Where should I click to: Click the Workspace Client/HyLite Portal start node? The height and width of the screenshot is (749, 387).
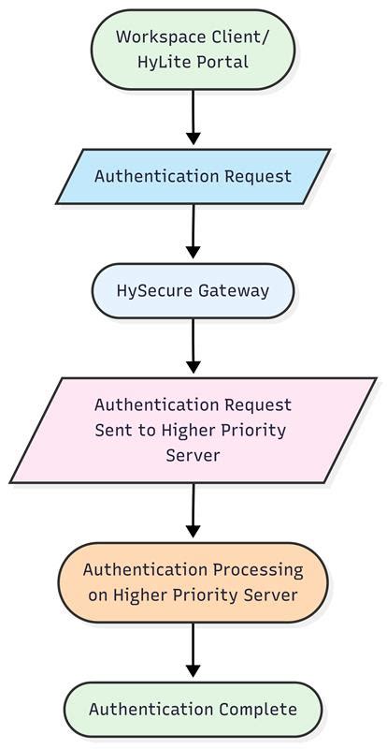(x=193, y=50)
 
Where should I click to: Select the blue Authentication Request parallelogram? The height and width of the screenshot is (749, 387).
(x=193, y=176)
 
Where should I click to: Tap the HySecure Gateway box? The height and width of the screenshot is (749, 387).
(x=193, y=290)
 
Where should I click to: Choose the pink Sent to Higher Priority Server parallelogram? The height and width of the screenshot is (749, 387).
(x=193, y=431)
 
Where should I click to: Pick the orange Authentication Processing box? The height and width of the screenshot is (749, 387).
(x=193, y=581)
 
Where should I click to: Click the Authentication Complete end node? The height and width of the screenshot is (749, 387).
(x=193, y=709)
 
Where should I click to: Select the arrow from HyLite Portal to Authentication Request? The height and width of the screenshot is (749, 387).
(x=193, y=117)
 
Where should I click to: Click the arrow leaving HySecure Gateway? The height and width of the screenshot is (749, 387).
(x=193, y=346)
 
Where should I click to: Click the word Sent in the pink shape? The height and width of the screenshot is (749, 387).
(x=112, y=431)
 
